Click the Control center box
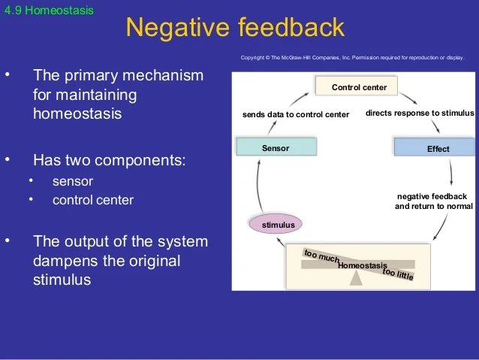coord(359,88)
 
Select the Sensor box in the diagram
coord(275,148)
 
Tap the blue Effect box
coord(438,149)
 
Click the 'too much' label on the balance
coord(321,256)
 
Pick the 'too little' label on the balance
coord(398,274)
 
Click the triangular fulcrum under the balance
coord(357,277)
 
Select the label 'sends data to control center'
coord(296,115)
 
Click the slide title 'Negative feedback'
coord(235,28)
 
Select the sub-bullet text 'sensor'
coord(73,182)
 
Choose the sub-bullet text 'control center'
coord(93,200)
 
